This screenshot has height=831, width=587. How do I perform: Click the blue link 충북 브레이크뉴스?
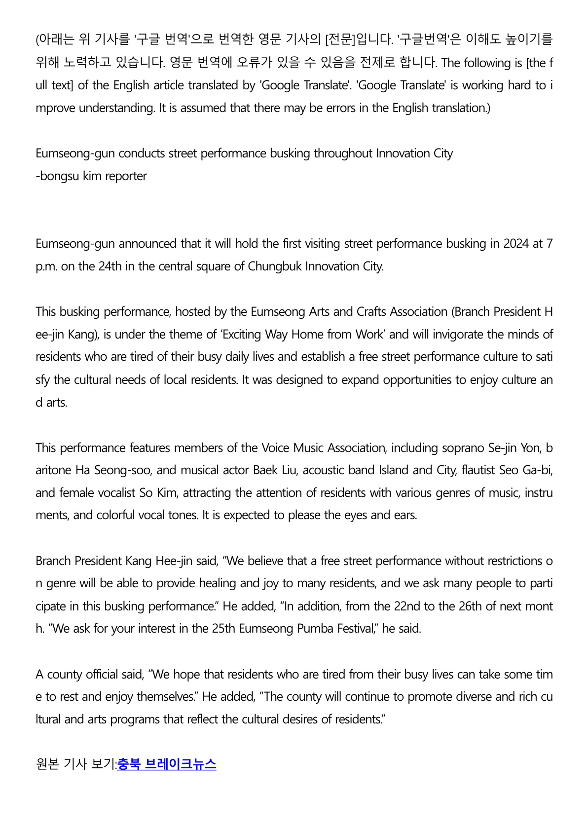point(167,764)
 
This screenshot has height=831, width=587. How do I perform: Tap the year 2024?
point(516,244)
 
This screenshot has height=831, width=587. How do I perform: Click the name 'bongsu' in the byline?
point(59,176)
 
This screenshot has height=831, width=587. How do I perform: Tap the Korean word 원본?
point(47,764)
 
